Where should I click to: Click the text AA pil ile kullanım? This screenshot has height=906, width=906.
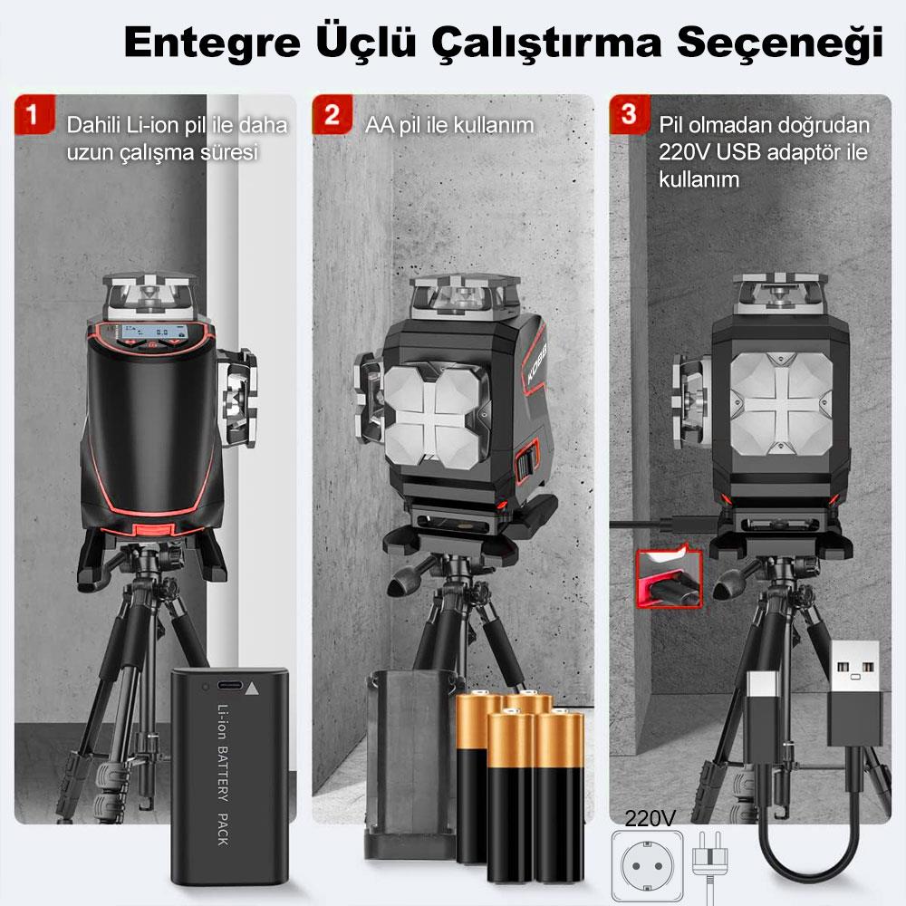pyautogui.click(x=449, y=125)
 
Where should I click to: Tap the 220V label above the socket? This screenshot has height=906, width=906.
pyautogui.click(x=651, y=818)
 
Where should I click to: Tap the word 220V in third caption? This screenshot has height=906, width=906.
pyautogui.click(x=683, y=151)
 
